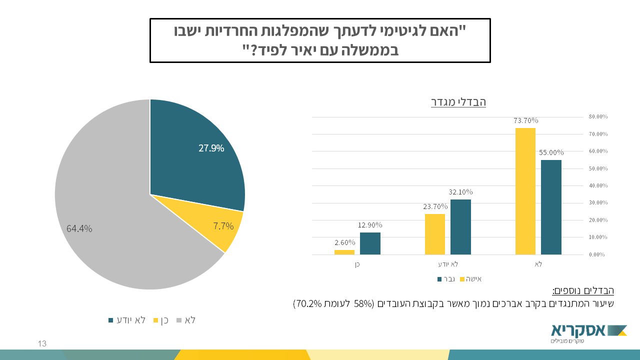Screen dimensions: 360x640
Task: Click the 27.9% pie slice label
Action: coord(211,148)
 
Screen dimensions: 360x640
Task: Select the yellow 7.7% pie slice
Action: coord(223,226)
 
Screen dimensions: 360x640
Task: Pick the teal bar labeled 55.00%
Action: coord(551,207)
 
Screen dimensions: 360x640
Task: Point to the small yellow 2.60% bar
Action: coord(344,252)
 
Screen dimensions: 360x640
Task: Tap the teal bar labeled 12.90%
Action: coord(370,243)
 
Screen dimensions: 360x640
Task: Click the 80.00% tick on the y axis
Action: coord(598,116)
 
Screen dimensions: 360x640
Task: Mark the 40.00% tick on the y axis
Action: coord(598,185)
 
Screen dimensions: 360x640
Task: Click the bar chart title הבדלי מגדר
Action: coord(458,102)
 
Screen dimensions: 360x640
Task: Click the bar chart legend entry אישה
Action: coord(472,279)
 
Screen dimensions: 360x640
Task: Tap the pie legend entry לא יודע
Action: coord(127,320)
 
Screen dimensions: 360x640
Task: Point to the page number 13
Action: coord(42,344)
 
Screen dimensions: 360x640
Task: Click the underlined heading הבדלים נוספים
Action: coord(583,290)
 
